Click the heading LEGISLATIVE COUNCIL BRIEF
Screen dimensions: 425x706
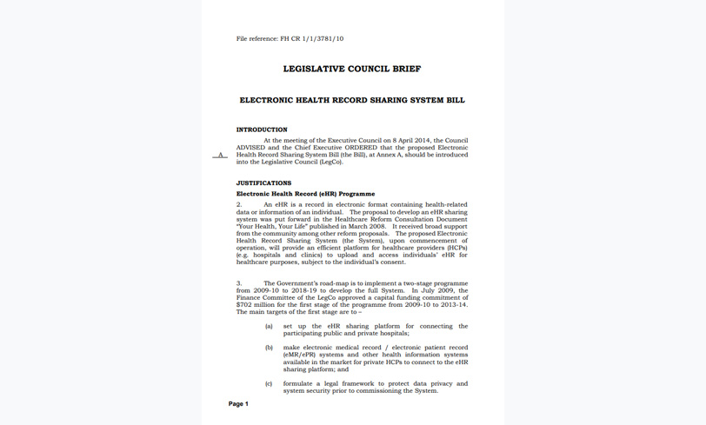tap(352, 69)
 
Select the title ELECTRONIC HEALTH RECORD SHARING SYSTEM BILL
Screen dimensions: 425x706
tap(352, 100)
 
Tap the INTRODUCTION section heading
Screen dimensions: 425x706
tap(262, 129)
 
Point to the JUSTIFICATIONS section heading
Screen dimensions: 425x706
tap(264, 183)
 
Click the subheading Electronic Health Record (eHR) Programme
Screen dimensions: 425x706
tap(306, 194)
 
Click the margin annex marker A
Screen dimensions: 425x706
tap(220, 155)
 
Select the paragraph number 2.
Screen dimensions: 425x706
tap(239, 205)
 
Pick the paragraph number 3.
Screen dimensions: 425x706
tap(239, 283)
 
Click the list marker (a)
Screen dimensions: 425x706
tap(269, 327)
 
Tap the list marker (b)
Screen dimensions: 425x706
tap(269, 348)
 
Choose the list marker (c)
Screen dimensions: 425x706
tap(269, 383)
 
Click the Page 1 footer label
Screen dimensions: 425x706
tap(238, 404)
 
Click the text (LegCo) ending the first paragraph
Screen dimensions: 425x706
tap(330, 162)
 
